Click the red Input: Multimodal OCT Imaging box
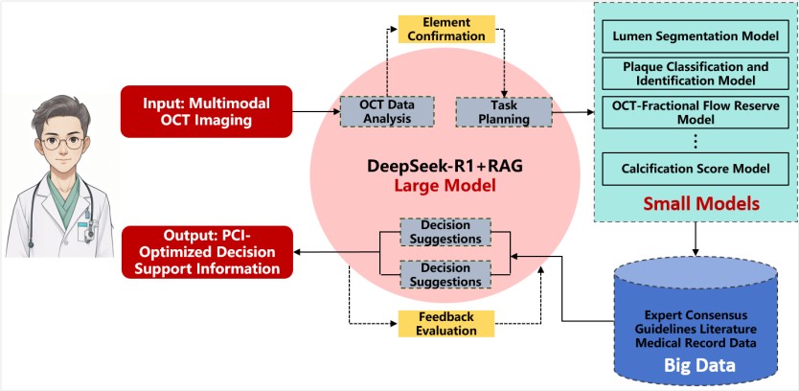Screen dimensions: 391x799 point(207,110)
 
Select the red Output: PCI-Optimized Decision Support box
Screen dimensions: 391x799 point(207,251)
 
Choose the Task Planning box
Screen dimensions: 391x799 point(493,110)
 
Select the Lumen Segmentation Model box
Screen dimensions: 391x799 point(696,40)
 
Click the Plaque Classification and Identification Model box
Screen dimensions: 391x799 point(696,76)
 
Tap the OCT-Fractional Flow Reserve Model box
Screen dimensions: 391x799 point(696,111)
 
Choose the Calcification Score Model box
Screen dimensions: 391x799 point(696,169)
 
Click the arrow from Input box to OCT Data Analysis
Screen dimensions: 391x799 point(316,111)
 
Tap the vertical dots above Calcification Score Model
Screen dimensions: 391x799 point(696,143)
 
